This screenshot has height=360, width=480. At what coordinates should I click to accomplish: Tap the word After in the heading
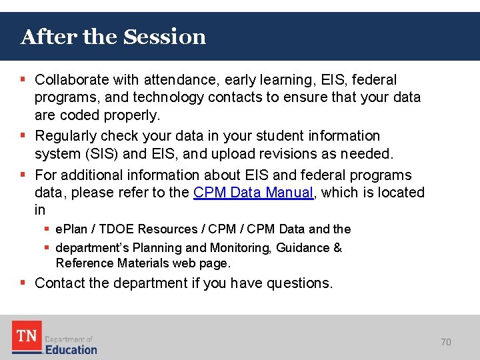(x=49, y=37)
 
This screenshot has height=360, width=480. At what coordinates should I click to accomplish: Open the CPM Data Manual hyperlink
(x=253, y=193)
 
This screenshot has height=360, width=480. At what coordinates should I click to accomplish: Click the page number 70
(x=446, y=342)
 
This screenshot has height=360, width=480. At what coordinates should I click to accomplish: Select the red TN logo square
(x=27, y=337)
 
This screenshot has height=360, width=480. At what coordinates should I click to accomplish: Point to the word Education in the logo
(x=71, y=349)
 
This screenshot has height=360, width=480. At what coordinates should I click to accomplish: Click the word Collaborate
(x=72, y=80)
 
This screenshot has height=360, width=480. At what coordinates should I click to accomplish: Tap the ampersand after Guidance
(x=337, y=247)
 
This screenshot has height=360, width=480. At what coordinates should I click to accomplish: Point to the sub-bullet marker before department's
(x=47, y=247)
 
